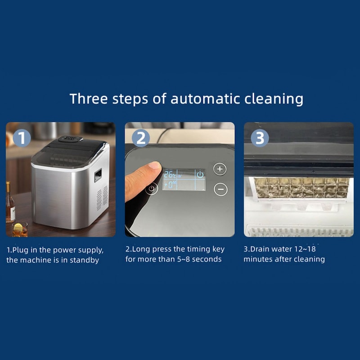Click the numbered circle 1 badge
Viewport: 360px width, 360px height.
[22, 138]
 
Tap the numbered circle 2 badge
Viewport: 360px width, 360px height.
[141, 138]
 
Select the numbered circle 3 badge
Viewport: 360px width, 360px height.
[260, 138]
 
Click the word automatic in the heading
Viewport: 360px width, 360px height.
[205, 99]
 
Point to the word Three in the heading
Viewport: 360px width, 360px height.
[89, 99]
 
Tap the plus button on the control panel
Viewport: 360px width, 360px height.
[220, 169]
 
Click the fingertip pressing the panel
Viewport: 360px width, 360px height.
[154, 166]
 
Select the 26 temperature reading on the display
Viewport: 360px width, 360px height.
[170, 175]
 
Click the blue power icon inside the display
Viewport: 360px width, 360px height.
[200, 175]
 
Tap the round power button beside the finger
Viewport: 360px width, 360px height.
[152, 189]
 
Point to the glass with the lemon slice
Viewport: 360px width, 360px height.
[20, 229]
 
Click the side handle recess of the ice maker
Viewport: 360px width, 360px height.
[98, 175]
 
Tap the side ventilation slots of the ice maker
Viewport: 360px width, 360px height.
[102, 198]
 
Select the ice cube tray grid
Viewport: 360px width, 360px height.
[301, 188]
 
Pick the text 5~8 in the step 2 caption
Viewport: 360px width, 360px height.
[183, 259]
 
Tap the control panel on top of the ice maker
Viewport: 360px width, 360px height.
[71, 139]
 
